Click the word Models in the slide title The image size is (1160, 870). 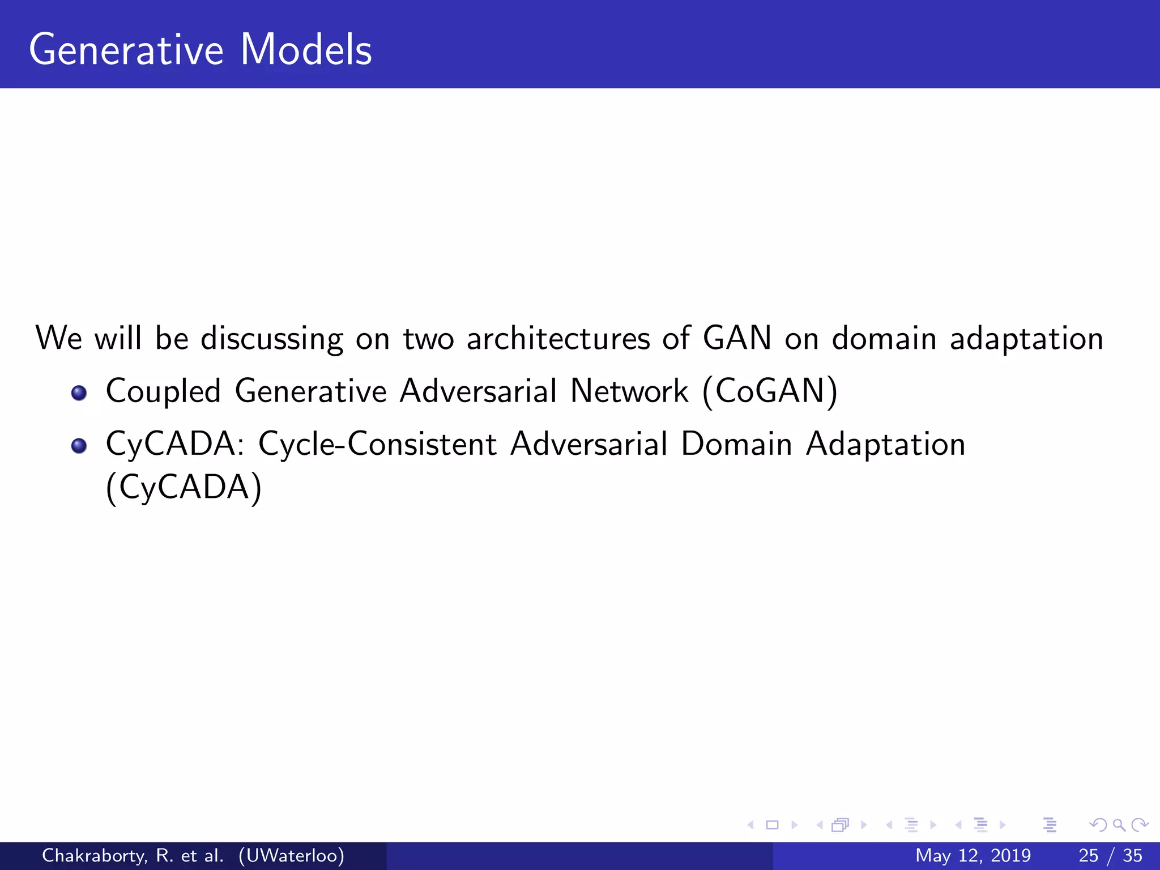coord(306,50)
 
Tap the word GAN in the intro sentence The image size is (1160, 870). coord(737,338)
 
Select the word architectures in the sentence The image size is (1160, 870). coord(558,338)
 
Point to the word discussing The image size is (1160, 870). coord(272,339)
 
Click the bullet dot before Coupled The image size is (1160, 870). coord(79,393)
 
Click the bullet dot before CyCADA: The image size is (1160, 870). coord(79,446)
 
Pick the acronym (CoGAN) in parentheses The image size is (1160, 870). coord(770,391)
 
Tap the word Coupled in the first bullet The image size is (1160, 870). coord(163,392)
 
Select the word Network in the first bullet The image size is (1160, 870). coord(629,391)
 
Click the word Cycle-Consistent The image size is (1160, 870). coord(377,444)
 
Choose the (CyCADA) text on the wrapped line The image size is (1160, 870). coord(184,487)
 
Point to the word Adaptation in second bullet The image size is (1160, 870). coord(885,444)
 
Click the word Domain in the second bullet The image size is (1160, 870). coord(736,443)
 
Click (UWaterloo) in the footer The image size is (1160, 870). coord(291,855)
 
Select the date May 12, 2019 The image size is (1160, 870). coord(973,855)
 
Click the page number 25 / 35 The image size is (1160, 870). coord(1110,855)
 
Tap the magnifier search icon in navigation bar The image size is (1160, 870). coord(1119,825)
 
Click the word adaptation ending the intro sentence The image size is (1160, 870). coord(1026,339)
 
